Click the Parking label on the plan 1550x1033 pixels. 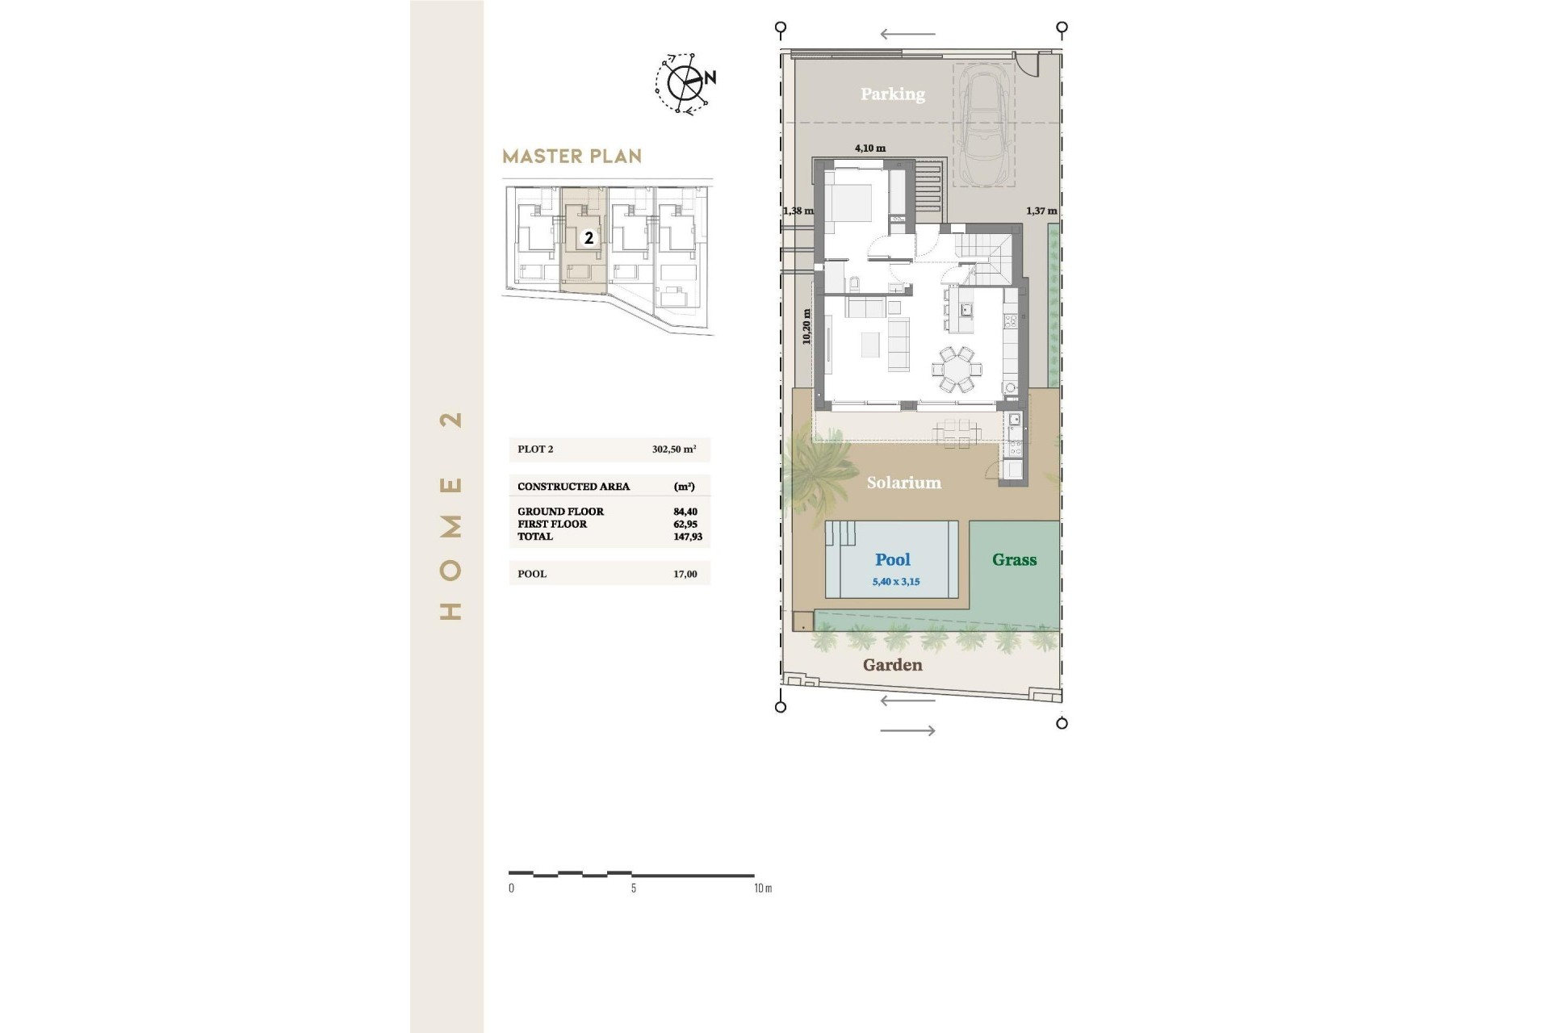pos(892,94)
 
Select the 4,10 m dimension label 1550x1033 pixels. pos(870,148)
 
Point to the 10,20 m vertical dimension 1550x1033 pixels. pos(806,327)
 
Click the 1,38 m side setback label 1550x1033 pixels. pos(798,211)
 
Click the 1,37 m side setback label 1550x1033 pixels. pos(1041,211)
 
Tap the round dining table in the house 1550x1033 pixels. pos(957,369)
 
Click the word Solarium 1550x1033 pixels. pos(903,483)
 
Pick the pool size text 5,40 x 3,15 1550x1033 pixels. pos(895,582)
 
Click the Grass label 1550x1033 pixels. pos(1014,560)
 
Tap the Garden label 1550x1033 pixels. pos(892,665)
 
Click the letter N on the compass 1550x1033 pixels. pos(710,78)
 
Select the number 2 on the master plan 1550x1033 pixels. pos(589,238)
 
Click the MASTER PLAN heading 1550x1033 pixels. pos(572,156)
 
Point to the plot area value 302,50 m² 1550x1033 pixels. pos(674,450)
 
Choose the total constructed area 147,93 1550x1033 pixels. pos(688,537)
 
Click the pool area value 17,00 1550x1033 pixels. pos(685,574)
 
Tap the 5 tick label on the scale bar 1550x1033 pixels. pos(634,888)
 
